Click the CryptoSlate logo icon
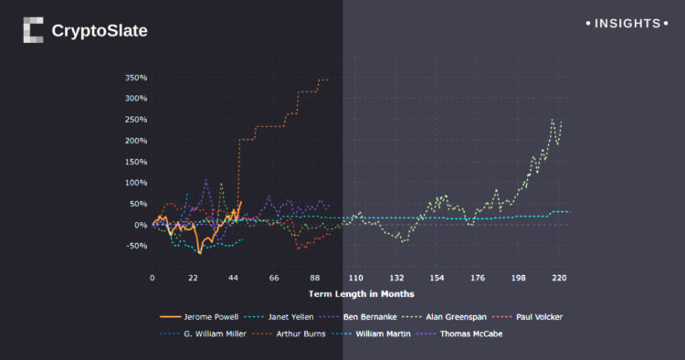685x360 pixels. tap(33, 30)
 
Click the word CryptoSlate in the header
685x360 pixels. tap(99, 31)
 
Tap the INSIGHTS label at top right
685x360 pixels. tap(626, 22)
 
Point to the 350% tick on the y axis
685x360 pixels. tap(135, 78)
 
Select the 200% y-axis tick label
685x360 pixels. tap(135, 141)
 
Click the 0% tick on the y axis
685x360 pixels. tap(140, 225)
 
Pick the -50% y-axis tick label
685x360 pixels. tap(135, 246)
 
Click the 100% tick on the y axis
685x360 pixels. tap(135, 183)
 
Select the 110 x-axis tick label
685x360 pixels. tap(355, 278)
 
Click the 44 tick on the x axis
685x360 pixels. tap(234, 278)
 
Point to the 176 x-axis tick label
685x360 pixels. tap(478, 278)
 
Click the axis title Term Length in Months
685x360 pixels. tap(361, 294)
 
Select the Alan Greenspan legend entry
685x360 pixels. tap(457, 317)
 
